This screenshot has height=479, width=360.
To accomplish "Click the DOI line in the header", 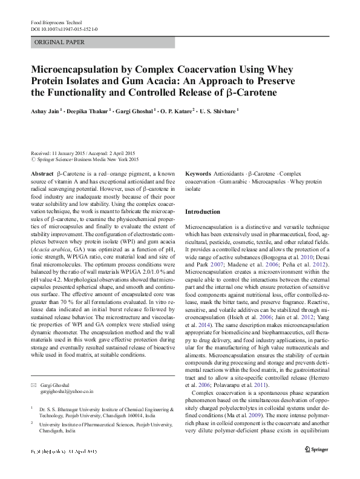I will coord(63,29).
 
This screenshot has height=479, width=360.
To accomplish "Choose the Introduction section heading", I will coord(202,212).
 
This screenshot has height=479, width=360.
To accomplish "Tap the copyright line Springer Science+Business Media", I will coord(88,159).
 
